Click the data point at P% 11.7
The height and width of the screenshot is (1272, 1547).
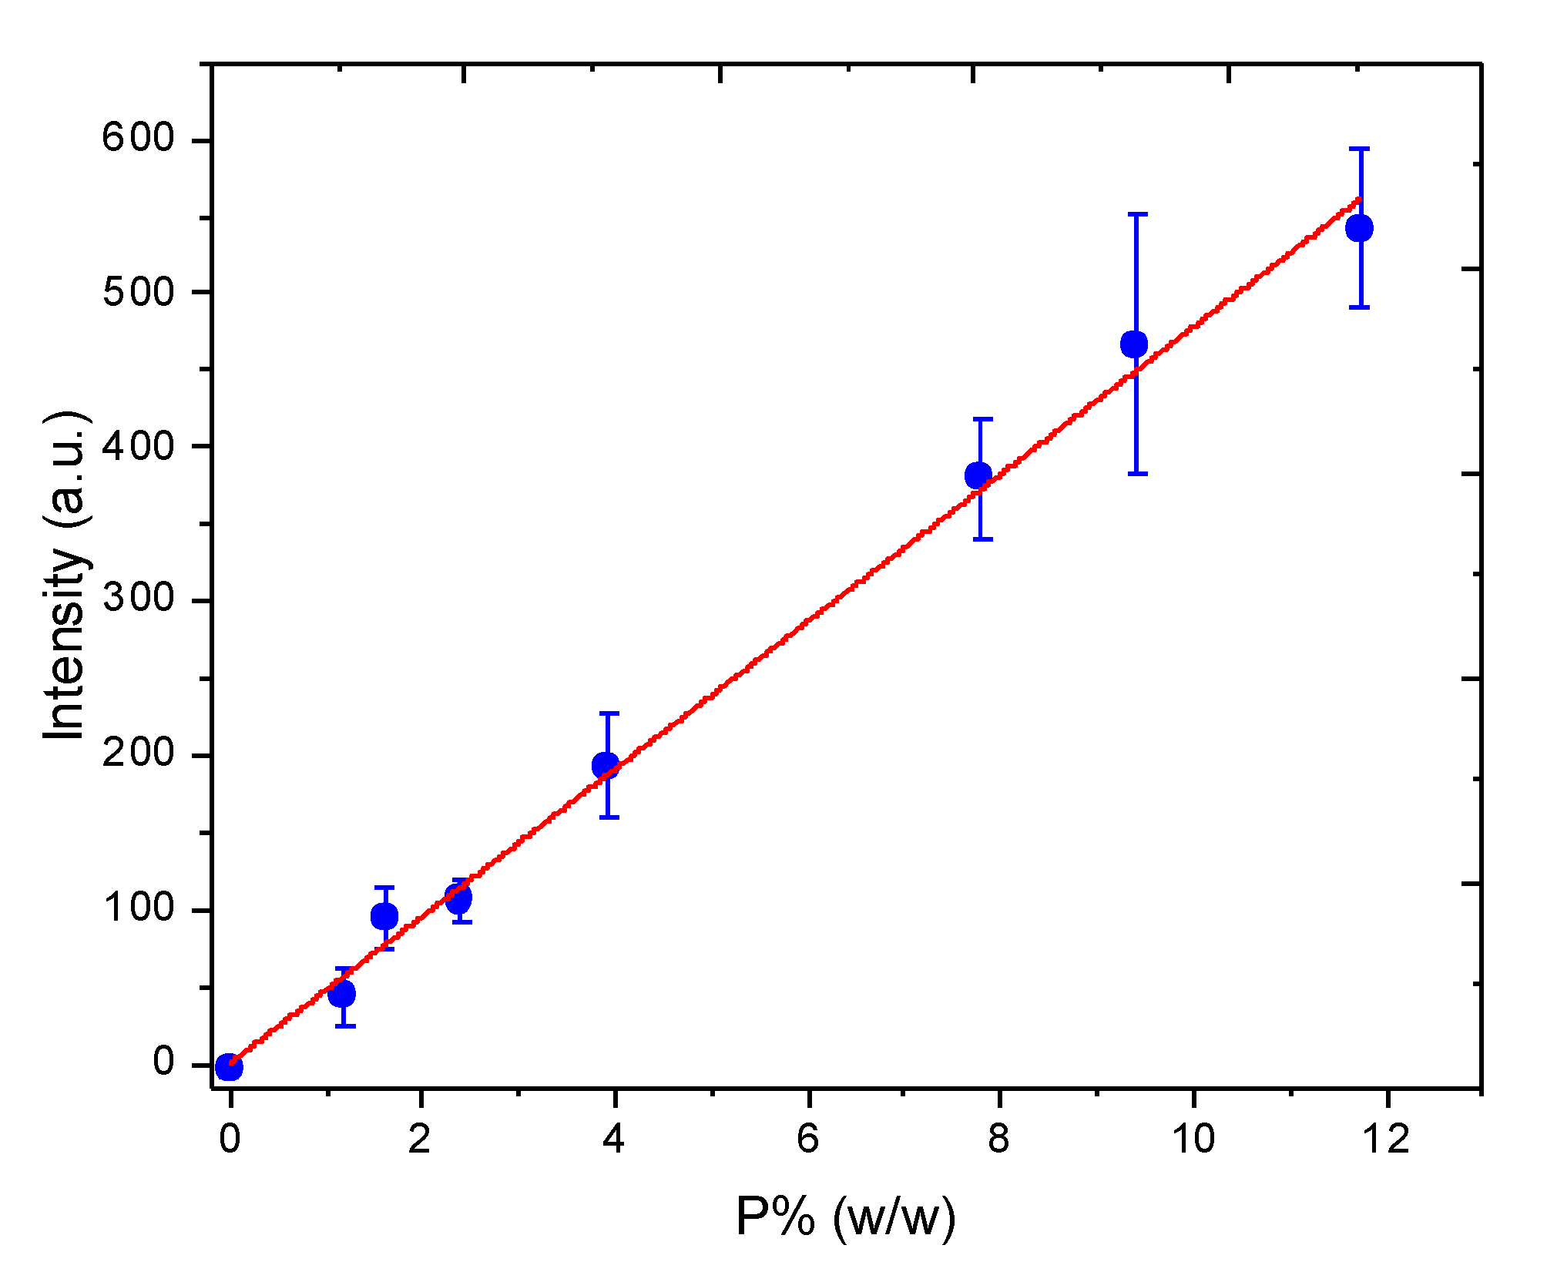[1359, 228]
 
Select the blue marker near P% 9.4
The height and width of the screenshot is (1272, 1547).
[1134, 344]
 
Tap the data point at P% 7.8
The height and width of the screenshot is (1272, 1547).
[978, 475]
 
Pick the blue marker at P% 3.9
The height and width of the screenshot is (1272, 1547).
[606, 765]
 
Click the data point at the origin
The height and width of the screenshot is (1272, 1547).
[229, 1067]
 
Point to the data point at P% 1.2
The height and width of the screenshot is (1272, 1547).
[342, 993]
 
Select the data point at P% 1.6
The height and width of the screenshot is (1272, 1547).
[384, 916]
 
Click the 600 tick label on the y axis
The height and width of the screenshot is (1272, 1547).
[139, 139]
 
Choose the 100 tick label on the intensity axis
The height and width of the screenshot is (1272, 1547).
[139, 908]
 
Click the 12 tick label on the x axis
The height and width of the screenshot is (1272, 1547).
[1387, 1139]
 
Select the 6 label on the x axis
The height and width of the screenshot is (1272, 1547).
[807, 1139]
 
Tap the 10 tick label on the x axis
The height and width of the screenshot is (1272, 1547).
[1193, 1139]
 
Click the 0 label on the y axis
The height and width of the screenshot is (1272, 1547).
[164, 1062]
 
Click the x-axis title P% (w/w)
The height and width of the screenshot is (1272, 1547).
[846, 1217]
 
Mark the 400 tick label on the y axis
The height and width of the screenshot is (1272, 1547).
[139, 445]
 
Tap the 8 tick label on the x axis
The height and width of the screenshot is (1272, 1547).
[998, 1139]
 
